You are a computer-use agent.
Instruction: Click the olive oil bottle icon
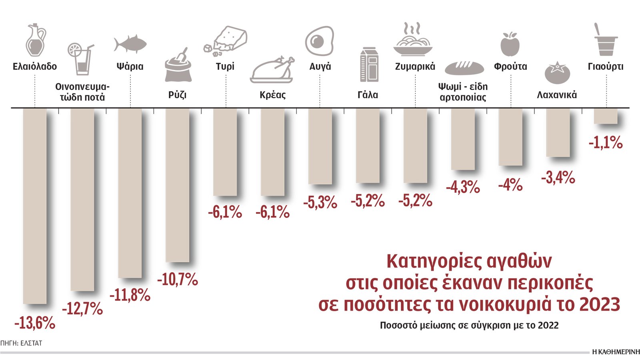point(35,40)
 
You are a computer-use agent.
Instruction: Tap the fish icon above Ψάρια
point(130,44)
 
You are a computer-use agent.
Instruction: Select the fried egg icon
point(319,41)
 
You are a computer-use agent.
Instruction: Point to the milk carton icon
point(369,64)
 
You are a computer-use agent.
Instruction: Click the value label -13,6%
point(35,323)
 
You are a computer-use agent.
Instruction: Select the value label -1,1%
point(606,142)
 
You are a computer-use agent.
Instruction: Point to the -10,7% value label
point(178,280)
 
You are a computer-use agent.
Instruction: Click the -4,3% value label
point(463,187)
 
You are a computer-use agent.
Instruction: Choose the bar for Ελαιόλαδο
point(35,206)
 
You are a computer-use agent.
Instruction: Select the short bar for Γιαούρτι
point(606,116)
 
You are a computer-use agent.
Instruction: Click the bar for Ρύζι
point(178,185)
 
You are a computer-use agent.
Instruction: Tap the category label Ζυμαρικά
point(415,66)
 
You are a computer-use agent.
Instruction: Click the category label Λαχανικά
point(557,95)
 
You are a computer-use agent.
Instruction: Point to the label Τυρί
point(225,66)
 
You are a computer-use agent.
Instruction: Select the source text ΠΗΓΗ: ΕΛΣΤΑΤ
point(21,343)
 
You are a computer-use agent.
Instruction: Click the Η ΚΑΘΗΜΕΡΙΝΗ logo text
point(616,352)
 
